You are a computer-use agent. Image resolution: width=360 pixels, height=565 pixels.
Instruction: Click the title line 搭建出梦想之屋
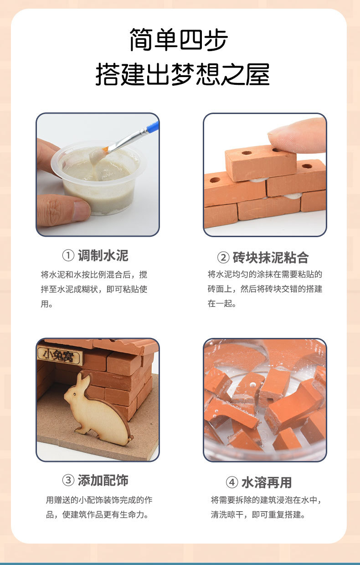[x=182, y=74]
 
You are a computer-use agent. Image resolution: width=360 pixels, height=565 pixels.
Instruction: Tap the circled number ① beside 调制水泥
[x=68, y=256]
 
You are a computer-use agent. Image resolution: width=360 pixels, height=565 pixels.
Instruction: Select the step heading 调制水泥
[x=103, y=256]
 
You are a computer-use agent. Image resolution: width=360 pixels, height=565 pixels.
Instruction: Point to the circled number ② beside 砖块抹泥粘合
[x=223, y=258]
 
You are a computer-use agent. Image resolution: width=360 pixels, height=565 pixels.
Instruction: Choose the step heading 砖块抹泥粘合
[x=270, y=258]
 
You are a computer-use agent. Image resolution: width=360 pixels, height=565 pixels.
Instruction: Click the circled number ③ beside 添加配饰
[x=68, y=481]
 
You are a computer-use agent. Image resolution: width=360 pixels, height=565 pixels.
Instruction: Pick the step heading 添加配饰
[x=103, y=480]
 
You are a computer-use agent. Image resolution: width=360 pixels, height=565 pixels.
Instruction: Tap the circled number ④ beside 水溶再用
[x=232, y=482]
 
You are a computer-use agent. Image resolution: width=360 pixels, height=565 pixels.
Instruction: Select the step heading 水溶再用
[x=267, y=482]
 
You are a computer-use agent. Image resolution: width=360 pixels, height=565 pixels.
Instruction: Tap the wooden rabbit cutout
[x=99, y=408]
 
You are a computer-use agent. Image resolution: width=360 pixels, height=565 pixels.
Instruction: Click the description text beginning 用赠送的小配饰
[x=99, y=507]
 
